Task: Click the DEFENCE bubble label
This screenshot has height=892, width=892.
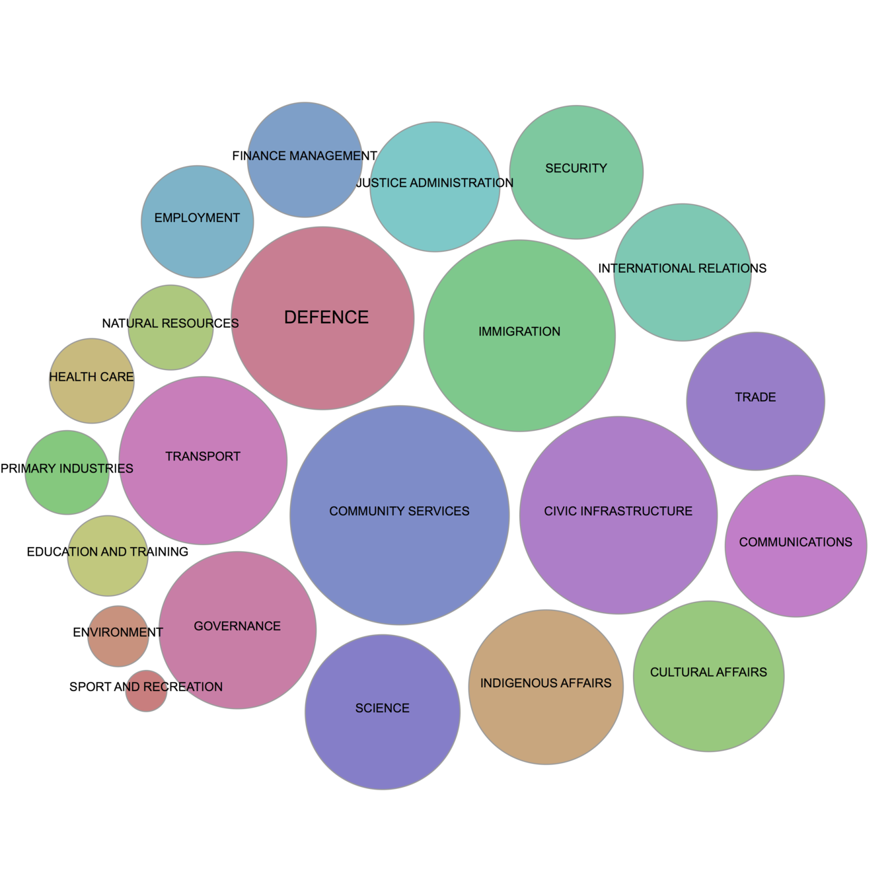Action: pos(326,317)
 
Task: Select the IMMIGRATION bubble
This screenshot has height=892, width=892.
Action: pos(519,336)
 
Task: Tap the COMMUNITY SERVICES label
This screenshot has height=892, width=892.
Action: pos(399,511)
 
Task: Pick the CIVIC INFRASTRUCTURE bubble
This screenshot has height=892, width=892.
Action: pos(618,515)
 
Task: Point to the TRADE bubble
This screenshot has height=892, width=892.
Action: pos(755,401)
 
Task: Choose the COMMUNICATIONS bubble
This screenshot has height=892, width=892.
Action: pos(796,546)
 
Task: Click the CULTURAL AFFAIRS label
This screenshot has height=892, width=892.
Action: pos(708,673)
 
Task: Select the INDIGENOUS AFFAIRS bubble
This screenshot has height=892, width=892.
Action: pos(546,687)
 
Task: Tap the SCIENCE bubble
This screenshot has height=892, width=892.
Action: pos(382,712)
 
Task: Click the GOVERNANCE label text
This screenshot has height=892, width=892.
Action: pos(237,626)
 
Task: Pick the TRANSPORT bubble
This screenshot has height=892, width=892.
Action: pos(203,461)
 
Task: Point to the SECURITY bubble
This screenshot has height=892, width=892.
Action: pos(576,172)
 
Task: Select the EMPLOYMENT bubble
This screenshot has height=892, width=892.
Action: pos(197,221)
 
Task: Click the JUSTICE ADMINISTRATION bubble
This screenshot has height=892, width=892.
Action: pos(434,187)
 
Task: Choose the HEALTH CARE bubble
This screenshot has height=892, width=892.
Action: pos(91,381)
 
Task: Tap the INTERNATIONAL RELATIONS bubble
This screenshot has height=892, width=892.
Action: pos(682,272)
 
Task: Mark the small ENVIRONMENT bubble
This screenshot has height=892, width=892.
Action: pos(118,636)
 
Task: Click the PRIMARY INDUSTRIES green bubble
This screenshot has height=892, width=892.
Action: pos(67,472)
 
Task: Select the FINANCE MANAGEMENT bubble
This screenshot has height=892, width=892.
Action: pos(304,160)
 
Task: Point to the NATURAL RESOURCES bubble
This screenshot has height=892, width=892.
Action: pos(170,328)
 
